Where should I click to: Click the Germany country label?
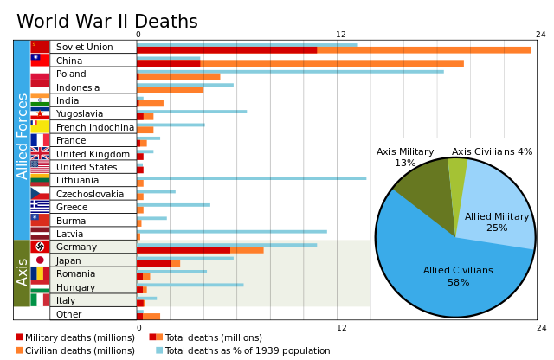(x=76, y=247)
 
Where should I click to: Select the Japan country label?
(x=68, y=260)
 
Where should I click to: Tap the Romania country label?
(x=75, y=273)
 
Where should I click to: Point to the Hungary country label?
(x=75, y=287)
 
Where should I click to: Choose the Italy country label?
(x=66, y=300)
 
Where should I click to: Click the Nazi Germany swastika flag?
(x=40, y=247)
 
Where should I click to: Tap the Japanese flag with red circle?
(x=40, y=260)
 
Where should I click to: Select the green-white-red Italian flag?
(x=40, y=300)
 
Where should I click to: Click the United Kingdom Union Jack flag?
(x=40, y=153)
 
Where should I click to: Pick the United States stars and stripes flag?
(x=40, y=166)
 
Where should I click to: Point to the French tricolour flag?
(x=40, y=140)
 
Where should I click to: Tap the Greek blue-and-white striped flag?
(x=40, y=206)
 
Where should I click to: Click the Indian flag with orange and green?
(x=40, y=100)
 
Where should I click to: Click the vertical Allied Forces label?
(x=23, y=137)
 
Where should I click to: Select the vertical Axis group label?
(x=23, y=271)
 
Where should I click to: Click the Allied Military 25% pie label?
(x=497, y=222)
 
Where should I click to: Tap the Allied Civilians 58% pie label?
(x=458, y=276)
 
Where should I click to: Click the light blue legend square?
(x=159, y=350)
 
